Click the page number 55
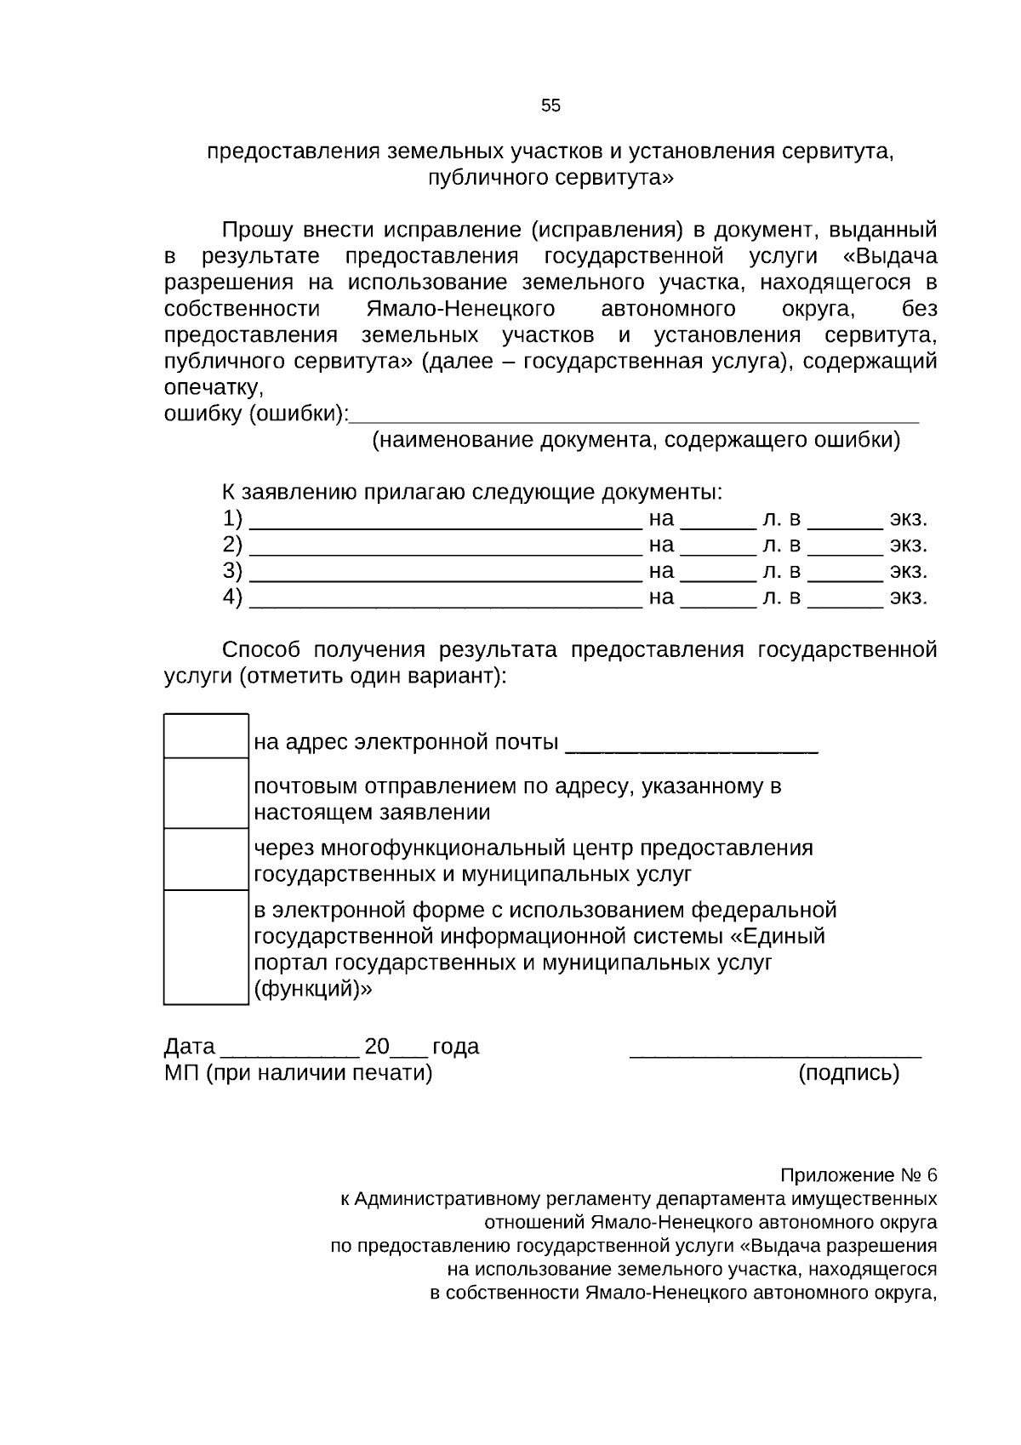pos(550,106)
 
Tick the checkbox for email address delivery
pos(205,736)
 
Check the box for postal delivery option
pos(205,793)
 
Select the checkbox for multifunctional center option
pos(205,859)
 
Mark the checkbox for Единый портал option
pos(205,947)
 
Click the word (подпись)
pos(848,1073)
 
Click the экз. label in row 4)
pos(908,597)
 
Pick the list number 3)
pos(232,571)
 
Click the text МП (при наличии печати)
pos(298,1073)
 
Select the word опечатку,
pos(214,388)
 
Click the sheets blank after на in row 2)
pos(718,551)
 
